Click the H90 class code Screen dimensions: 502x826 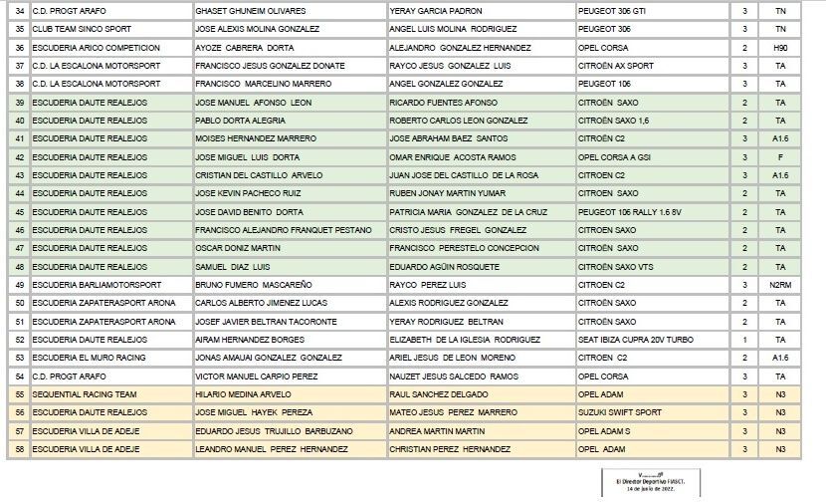point(780,47)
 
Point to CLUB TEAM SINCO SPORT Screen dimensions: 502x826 point(80,29)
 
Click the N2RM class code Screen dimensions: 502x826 point(780,284)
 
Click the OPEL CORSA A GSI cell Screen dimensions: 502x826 point(620,156)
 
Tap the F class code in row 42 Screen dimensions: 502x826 point(780,156)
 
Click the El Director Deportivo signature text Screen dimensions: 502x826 point(643,481)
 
